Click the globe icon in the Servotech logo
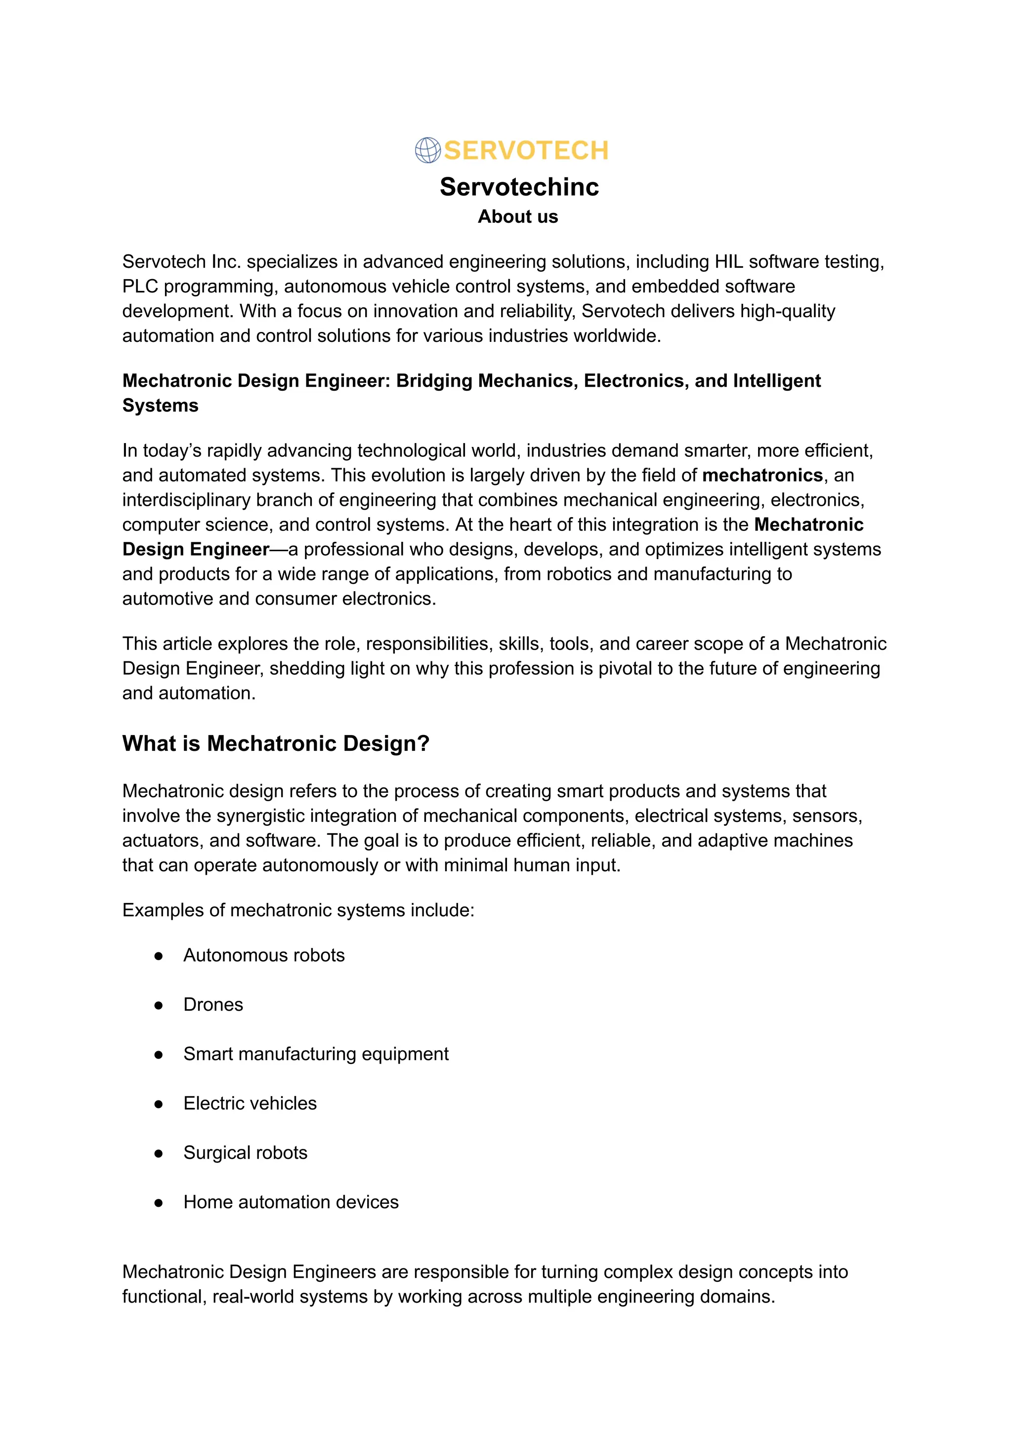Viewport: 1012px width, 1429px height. pos(427,150)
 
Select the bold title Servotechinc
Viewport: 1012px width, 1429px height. pos(519,187)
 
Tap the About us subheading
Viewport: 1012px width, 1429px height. pos(518,217)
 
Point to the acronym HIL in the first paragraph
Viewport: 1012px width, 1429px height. pos(728,262)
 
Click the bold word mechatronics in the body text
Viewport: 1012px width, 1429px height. pos(762,475)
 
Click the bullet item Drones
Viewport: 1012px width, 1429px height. pos(213,1005)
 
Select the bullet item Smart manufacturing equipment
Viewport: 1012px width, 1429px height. pos(316,1054)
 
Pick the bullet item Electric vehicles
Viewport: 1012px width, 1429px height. pos(250,1103)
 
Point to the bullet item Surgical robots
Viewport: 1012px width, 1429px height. pos(246,1153)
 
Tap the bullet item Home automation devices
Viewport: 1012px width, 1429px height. pos(291,1202)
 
